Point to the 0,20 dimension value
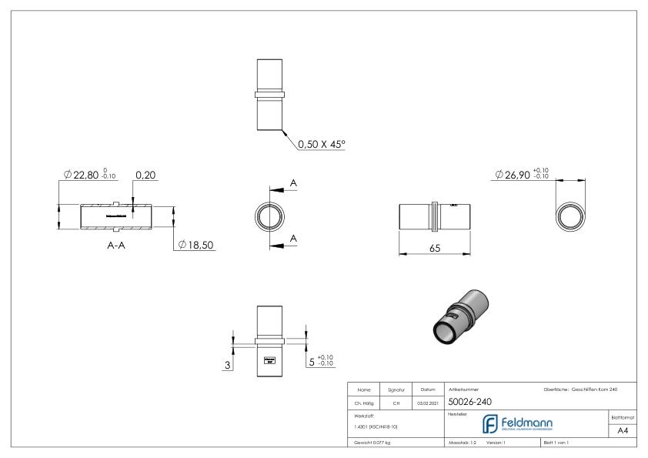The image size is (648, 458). point(145,176)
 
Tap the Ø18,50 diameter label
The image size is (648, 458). point(194,245)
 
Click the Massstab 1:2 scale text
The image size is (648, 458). point(463,443)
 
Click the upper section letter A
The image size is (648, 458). point(294,183)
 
